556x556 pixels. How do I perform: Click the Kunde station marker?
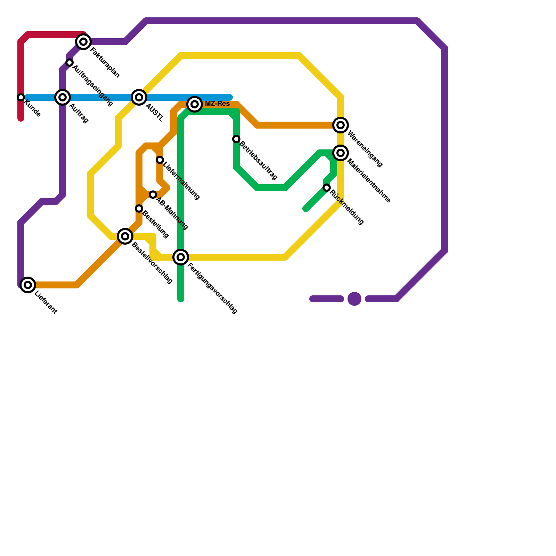(21, 97)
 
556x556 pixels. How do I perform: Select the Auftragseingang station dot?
(69, 63)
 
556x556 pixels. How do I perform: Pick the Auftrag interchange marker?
(63, 97)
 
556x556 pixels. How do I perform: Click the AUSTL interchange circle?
(139, 97)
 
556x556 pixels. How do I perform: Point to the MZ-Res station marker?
(195, 104)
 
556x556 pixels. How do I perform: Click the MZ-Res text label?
(217, 104)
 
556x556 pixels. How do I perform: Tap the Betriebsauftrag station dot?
(236, 139)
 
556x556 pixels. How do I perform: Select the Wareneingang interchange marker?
(341, 125)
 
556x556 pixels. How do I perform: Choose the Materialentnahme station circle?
(341, 153)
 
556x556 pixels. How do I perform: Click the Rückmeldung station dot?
(327, 188)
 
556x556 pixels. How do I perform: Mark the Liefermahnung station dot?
(160, 160)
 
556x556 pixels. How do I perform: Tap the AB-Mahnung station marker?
(153, 195)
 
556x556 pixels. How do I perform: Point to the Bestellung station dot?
(139, 208)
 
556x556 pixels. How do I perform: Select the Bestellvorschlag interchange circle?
(125, 236)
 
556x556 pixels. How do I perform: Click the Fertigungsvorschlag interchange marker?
(181, 257)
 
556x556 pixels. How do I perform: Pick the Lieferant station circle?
(28, 285)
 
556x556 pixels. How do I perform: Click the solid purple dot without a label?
(354, 299)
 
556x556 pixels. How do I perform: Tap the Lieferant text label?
(46, 303)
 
